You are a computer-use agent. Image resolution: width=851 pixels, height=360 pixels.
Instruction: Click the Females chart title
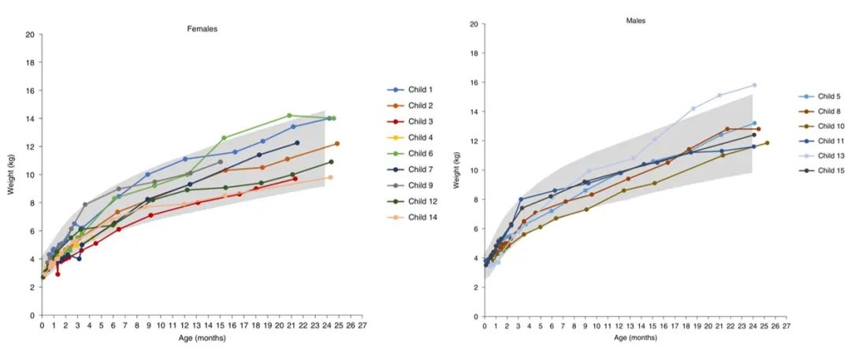(202, 29)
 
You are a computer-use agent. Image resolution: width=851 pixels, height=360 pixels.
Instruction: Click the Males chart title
(635, 20)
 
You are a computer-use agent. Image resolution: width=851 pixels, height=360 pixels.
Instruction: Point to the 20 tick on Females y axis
(30, 35)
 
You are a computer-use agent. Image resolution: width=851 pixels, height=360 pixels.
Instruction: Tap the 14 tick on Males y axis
(474, 112)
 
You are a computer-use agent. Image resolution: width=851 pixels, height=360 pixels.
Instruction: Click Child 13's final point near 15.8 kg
(754, 85)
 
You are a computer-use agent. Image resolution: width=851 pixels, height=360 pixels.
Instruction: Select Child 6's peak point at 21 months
(289, 116)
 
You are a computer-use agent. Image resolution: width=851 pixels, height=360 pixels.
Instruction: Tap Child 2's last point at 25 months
(337, 143)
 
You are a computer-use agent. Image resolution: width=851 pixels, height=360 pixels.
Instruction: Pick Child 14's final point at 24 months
(330, 177)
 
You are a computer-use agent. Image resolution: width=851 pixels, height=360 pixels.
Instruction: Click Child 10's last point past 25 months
(767, 143)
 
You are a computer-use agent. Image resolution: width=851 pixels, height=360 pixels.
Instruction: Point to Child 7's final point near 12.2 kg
(297, 143)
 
